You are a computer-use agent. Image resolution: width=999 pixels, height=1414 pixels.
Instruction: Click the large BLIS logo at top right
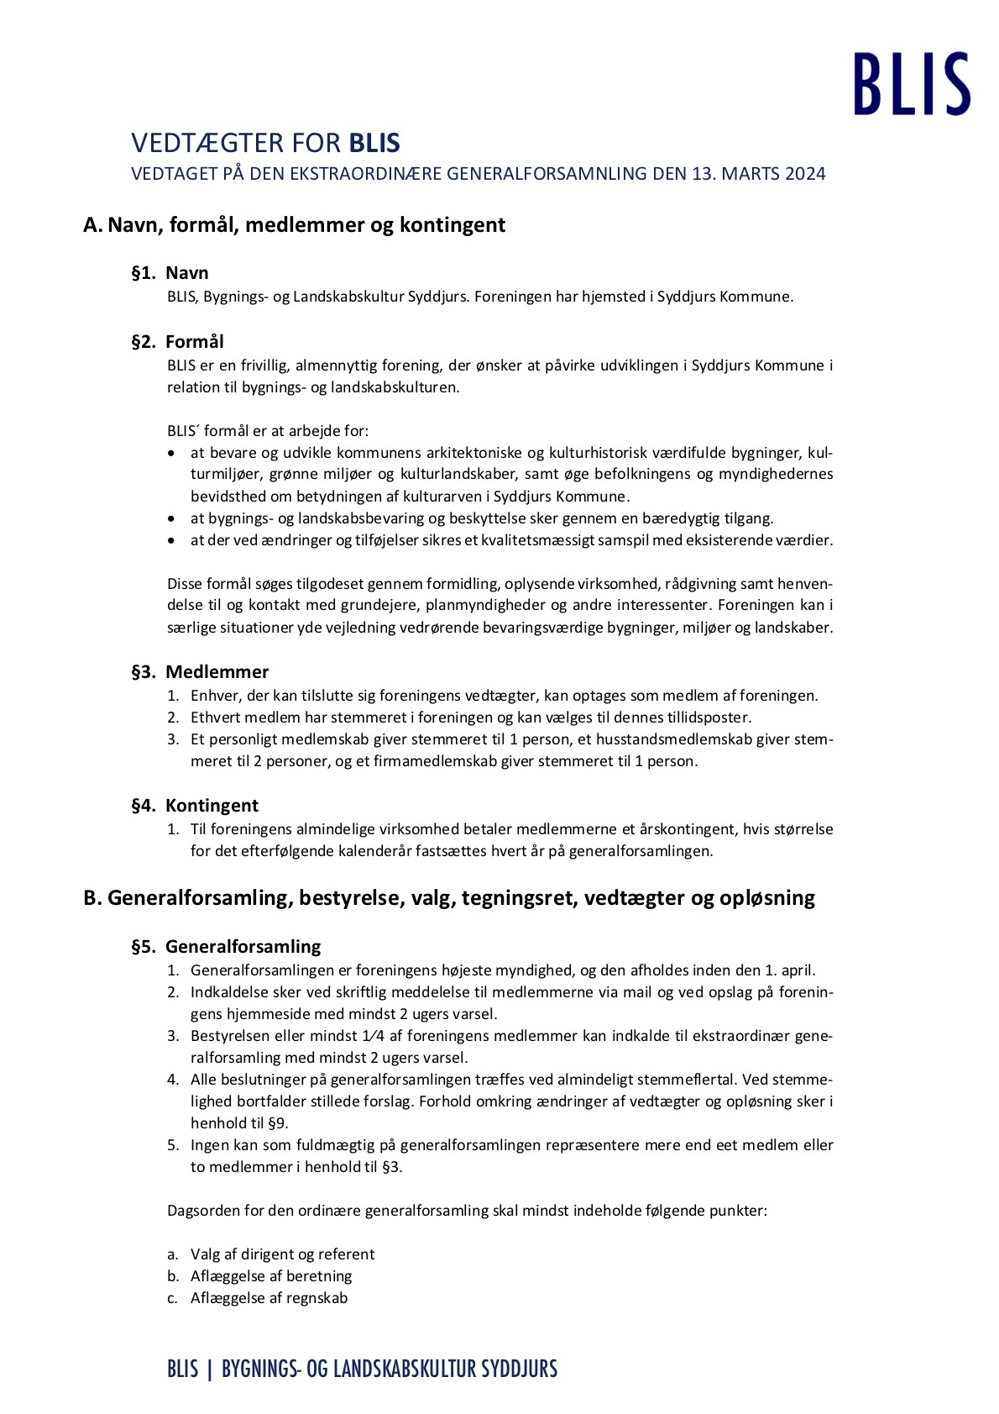click(x=912, y=83)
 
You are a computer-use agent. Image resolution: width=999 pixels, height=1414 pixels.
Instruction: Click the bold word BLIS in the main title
click(x=374, y=143)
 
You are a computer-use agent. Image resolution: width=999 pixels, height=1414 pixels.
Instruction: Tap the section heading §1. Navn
click(x=170, y=273)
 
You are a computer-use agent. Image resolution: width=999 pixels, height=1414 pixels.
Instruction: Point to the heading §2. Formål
click(x=177, y=342)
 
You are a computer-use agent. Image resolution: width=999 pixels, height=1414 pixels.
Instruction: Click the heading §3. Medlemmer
click(x=200, y=672)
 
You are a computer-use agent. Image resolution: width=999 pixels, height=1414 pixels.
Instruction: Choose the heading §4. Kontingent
click(x=195, y=806)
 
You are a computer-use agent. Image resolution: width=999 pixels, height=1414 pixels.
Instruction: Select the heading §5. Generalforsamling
click(x=226, y=947)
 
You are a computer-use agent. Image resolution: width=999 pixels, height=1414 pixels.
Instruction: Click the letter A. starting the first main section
click(x=92, y=225)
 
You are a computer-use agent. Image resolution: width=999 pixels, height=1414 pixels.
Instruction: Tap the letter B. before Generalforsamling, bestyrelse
click(x=92, y=898)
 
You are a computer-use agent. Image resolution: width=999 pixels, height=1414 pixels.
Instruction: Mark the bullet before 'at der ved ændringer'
click(x=172, y=541)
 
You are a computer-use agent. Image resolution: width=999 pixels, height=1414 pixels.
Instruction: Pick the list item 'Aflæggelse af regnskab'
click(x=269, y=1298)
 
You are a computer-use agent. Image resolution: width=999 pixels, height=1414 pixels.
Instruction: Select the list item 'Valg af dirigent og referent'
click(x=282, y=1254)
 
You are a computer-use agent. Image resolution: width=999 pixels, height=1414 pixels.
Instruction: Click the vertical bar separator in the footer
click(x=209, y=1369)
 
